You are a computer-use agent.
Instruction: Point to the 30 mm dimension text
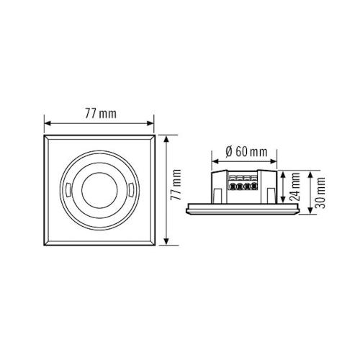321,192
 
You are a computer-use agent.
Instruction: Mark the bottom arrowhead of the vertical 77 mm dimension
166,242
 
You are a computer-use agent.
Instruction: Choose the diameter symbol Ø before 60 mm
228,151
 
